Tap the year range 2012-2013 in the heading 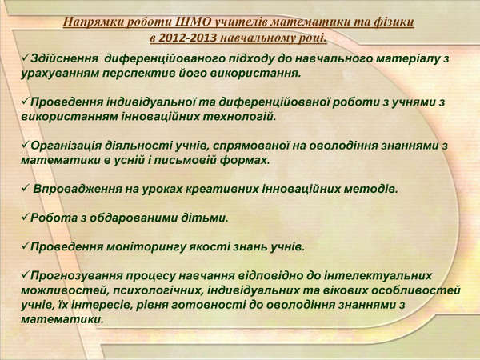click(x=188, y=38)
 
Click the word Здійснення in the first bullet click(x=65, y=58)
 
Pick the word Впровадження click(x=78, y=189)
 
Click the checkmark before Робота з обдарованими click(x=25, y=217)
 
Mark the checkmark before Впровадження click(x=25, y=188)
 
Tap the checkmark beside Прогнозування click(x=25, y=274)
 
